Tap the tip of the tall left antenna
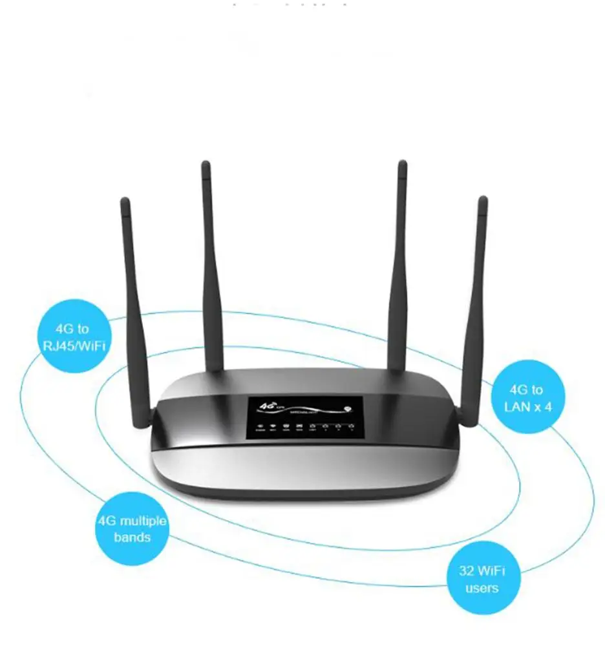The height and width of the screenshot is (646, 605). point(206,165)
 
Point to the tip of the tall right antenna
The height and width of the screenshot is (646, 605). point(402,164)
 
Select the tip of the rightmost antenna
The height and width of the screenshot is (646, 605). point(482,200)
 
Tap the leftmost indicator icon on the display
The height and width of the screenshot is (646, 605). point(260,426)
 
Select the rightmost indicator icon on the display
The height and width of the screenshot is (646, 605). point(351,426)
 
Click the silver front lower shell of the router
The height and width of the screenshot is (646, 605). point(304,468)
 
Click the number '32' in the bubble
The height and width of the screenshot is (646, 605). point(467,571)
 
